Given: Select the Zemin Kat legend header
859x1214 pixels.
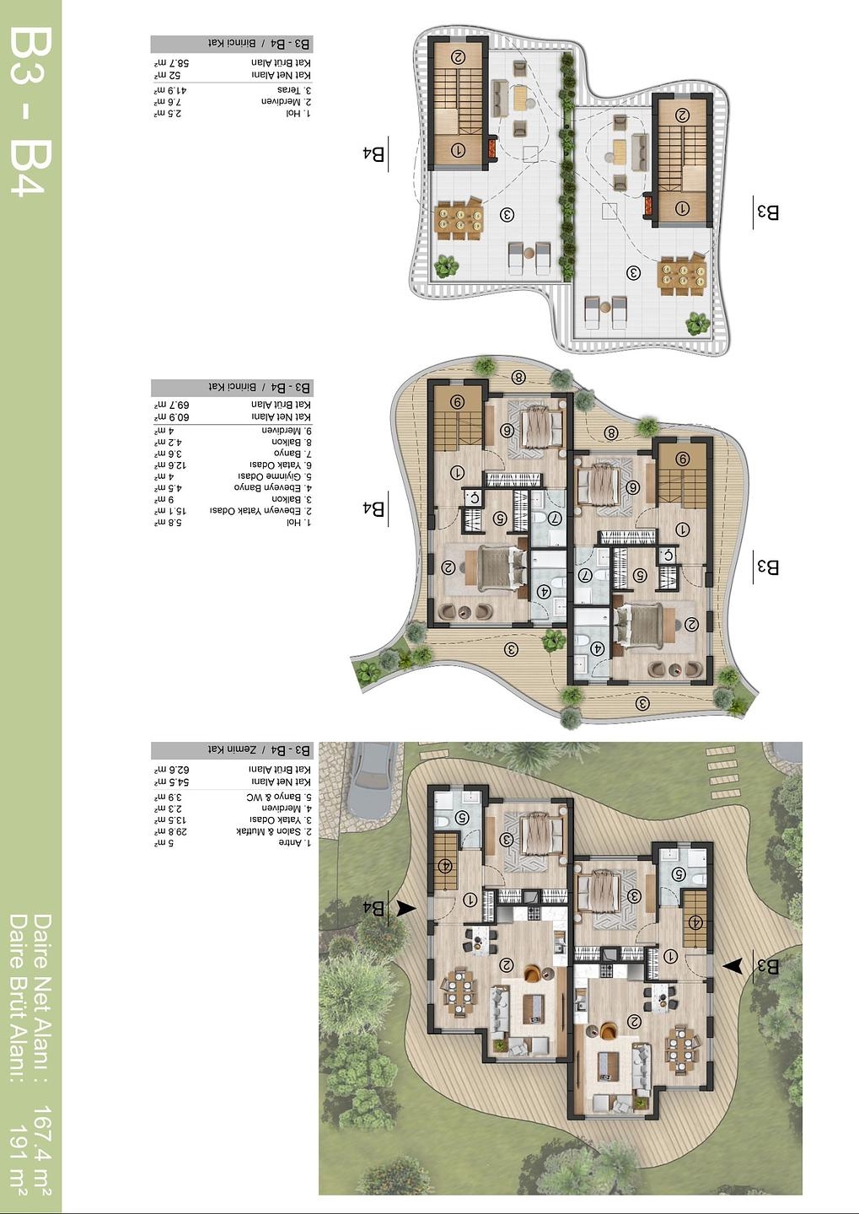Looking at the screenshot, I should click(x=232, y=750).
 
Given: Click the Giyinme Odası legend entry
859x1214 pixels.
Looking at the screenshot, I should click(x=279, y=476).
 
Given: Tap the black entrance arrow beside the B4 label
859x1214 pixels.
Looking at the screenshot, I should click(x=405, y=908).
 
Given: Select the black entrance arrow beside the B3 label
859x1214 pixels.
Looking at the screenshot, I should click(x=734, y=966).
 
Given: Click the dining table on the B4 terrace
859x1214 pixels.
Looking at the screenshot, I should click(x=459, y=221).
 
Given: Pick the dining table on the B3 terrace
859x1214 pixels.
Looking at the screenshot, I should click(x=683, y=274).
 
